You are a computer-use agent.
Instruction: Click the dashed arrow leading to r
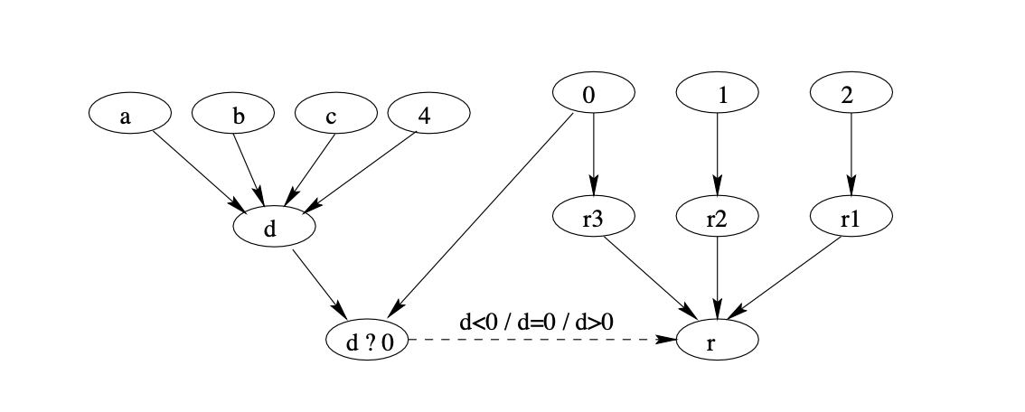(x=542, y=341)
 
